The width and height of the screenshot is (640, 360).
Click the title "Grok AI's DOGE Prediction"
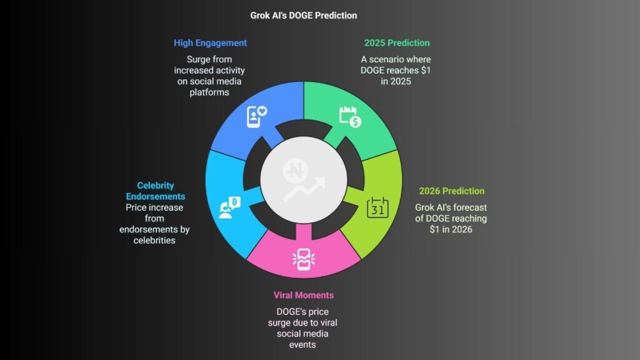click(x=304, y=16)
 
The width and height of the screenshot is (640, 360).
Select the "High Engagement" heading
click(x=210, y=43)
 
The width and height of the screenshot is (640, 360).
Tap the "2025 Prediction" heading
click(x=397, y=43)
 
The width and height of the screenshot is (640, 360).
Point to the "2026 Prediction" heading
click(x=452, y=191)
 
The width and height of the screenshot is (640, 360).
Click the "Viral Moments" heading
click(x=304, y=295)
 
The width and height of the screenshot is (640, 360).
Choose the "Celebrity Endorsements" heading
click(x=156, y=191)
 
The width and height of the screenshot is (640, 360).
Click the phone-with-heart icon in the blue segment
click(x=257, y=116)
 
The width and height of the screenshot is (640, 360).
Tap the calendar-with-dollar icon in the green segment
click(x=350, y=117)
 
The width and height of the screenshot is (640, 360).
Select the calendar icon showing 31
click(x=377, y=207)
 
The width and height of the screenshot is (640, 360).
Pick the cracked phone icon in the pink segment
click(x=304, y=259)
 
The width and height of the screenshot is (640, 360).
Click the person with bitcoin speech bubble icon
click(x=230, y=207)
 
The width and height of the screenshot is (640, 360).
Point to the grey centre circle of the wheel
click(x=304, y=180)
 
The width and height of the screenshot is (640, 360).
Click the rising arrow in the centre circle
click(x=304, y=189)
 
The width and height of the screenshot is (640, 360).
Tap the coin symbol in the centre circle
click(x=296, y=171)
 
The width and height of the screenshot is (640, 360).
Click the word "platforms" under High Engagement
click(x=209, y=92)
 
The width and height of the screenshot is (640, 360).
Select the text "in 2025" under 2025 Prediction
click(x=396, y=81)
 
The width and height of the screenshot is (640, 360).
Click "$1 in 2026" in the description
click(x=451, y=229)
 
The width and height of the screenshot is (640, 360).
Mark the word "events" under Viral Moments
click(x=302, y=344)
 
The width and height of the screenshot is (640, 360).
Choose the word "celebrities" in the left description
click(x=154, y=241)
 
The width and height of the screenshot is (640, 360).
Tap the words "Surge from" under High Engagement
click(x=209, y=59)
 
